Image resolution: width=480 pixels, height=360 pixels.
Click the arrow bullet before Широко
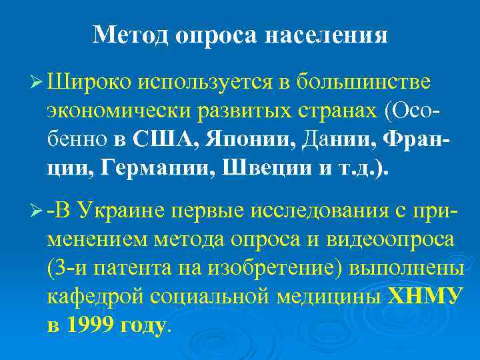point(37,83)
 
